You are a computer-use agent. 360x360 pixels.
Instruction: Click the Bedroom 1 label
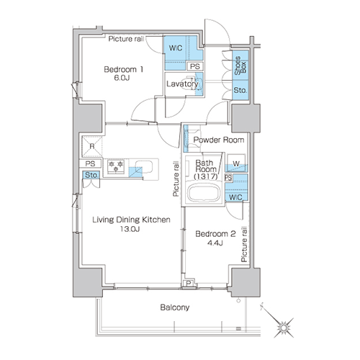coord(123,70)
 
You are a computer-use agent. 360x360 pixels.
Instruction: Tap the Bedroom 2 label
coord(215,234)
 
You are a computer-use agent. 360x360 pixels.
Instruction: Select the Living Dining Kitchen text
coord(131,220)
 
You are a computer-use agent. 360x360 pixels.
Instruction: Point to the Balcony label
coord(175,307)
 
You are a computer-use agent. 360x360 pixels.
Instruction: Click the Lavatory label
coord(182,84)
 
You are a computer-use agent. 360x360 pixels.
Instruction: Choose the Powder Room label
coord(219,140)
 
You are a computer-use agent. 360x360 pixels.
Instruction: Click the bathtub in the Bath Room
coord(204,193)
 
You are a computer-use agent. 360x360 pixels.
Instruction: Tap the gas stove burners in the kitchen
coord(116,166)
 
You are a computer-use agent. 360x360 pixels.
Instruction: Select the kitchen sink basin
coord(143,166)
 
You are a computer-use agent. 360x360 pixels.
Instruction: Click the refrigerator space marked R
coord(92,146)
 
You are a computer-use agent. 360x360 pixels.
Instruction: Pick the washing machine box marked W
coord(236,163)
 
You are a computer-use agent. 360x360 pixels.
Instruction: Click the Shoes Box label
coord(240,66)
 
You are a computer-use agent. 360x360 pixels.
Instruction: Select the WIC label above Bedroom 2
coord(235,197)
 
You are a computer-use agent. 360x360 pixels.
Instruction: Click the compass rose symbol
coord(284,328)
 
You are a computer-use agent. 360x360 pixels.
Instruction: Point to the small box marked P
coord(189,284)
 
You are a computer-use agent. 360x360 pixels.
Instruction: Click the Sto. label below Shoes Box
coord(240,91)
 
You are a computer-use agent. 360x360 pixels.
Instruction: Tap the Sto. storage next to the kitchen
coord(91,175)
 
